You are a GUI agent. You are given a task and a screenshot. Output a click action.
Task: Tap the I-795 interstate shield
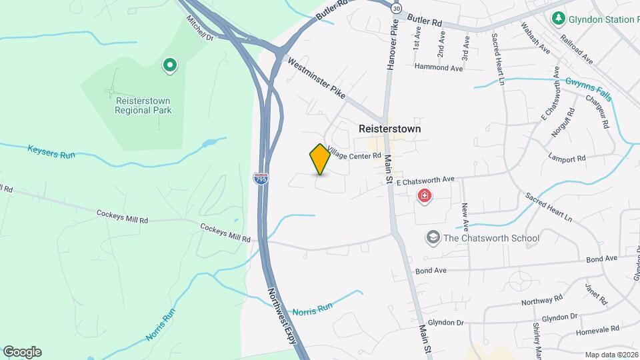[x=261, y=178]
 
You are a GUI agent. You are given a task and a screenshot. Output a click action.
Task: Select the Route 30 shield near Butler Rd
[x=397, y=9]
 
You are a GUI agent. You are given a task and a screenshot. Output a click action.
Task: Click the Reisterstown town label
[x=390, y=129]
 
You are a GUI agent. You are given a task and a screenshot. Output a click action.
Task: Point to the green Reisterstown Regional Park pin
[x=170, y=65]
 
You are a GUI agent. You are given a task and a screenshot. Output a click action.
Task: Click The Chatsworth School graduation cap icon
[x=433, y=237]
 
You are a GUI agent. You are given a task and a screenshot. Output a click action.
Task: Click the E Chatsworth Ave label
[x=425, y=179]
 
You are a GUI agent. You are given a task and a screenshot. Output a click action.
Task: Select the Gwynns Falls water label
[x=587, y=89]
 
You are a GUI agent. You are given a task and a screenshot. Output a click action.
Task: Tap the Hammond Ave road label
[x=438, y=67]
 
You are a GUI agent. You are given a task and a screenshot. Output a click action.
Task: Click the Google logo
[x=23, y=352]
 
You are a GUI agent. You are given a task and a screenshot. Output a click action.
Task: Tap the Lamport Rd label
[x=566, y=159]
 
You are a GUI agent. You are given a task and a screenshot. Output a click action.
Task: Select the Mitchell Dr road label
[x=199, y=28]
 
